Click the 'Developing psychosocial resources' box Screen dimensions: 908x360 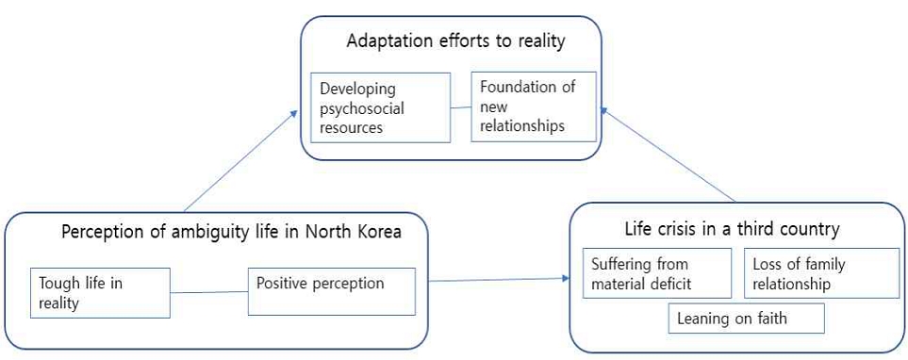pos(381,107)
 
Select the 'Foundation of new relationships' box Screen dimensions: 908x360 pos(534,106)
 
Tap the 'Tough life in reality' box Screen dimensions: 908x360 pos(100,293)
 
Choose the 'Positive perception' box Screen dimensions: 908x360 pos(332,291)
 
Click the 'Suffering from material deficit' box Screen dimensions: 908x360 pos(657,273)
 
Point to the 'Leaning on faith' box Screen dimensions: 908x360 pos(747,318)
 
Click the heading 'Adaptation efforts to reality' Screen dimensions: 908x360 pos(455,42)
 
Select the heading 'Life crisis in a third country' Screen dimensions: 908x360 pos(732,229)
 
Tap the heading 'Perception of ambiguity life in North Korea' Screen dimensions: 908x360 pos(231,232)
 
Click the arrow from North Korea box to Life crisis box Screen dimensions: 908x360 pos(499,280)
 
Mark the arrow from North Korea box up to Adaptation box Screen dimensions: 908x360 pos(240,160)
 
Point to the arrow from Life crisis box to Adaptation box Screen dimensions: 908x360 pos(668,154)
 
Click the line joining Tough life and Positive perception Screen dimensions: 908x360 pos(209,292)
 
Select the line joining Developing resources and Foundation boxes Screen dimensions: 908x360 pos(461,107)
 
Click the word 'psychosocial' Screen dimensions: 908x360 pos(362,108)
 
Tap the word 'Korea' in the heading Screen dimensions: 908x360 pos(379,232)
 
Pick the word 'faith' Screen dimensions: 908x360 pos(769,318)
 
